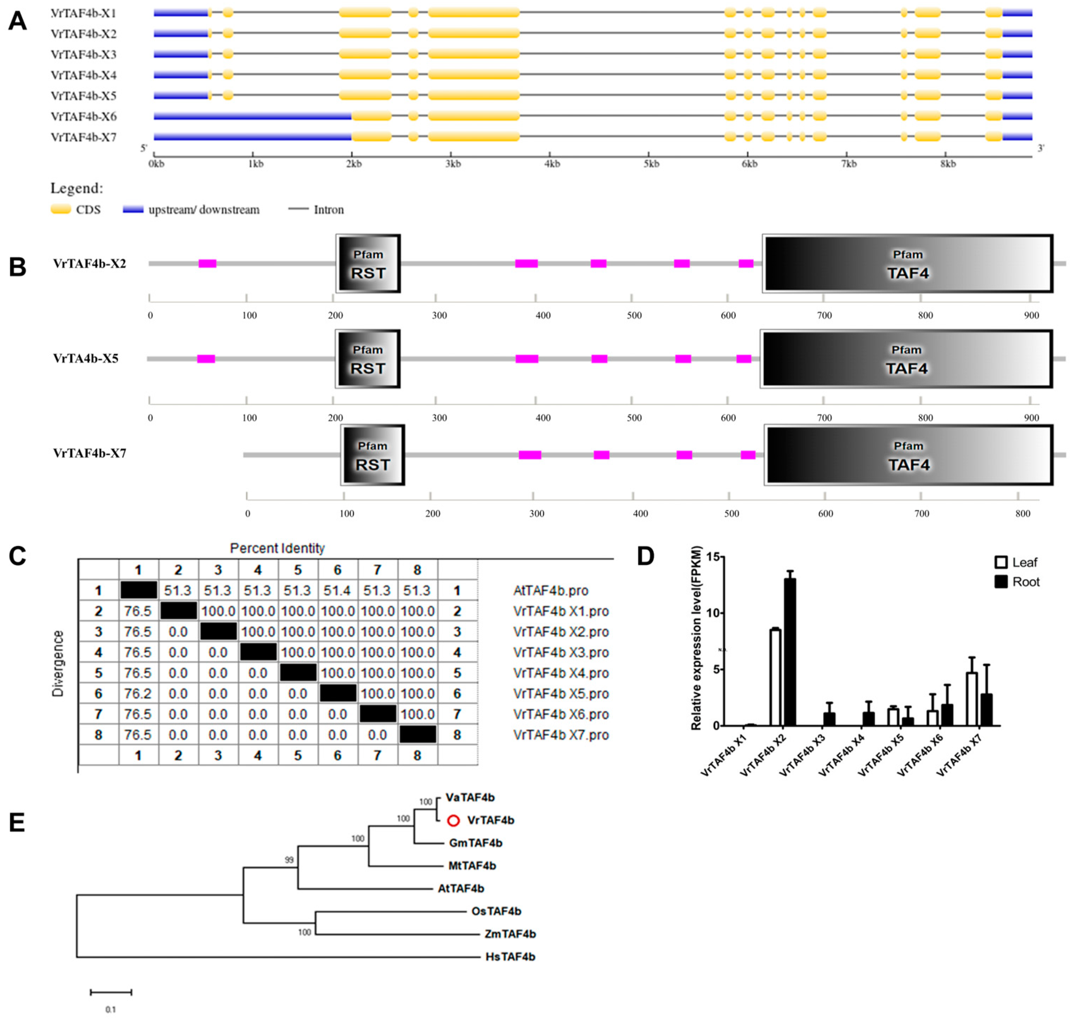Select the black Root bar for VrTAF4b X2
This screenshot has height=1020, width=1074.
790,652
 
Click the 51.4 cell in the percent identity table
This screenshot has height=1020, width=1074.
337,591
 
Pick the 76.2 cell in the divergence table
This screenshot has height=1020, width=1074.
138,694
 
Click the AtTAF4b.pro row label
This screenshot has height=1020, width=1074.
550,591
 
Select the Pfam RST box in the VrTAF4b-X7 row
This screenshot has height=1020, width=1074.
373,455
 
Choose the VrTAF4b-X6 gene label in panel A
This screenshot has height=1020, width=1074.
84,116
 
